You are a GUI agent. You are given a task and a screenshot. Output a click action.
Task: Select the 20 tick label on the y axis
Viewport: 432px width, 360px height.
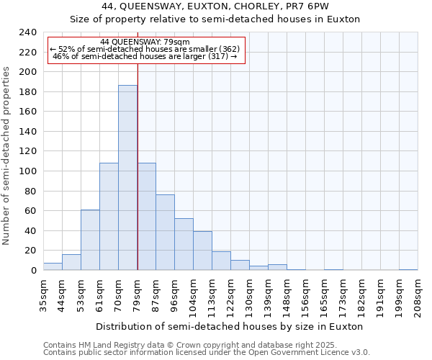(30, 251)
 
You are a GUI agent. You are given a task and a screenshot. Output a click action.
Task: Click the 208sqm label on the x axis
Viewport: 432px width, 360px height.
(418, 296)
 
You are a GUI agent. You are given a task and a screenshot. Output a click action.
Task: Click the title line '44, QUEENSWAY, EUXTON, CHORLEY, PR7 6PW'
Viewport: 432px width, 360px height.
(215, 6)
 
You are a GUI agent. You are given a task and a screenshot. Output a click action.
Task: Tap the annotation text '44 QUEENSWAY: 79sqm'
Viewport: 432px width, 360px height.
(145, 42)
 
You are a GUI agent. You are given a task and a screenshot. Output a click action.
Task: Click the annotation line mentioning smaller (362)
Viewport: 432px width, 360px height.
(145, 49)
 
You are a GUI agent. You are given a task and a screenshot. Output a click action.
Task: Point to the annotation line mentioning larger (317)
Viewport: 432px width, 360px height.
(145, 56)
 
